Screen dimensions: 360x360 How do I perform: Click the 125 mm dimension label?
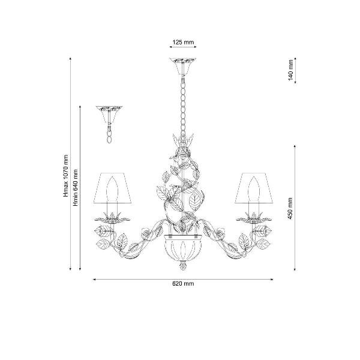click(183, 42)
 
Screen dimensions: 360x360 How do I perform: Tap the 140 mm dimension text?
click(290, 70)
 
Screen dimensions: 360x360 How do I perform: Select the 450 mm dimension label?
click(290, 208)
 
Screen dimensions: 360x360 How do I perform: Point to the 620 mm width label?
click(183, 284)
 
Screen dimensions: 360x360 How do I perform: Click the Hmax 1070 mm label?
click(66, 176)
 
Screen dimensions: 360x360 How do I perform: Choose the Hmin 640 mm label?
click(76, 188)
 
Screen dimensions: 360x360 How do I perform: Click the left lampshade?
click(112, 188)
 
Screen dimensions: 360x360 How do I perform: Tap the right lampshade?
click(254, 188)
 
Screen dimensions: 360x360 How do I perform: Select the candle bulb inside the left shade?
click(112, 189)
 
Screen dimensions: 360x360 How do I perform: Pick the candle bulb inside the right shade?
click(254, 189)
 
